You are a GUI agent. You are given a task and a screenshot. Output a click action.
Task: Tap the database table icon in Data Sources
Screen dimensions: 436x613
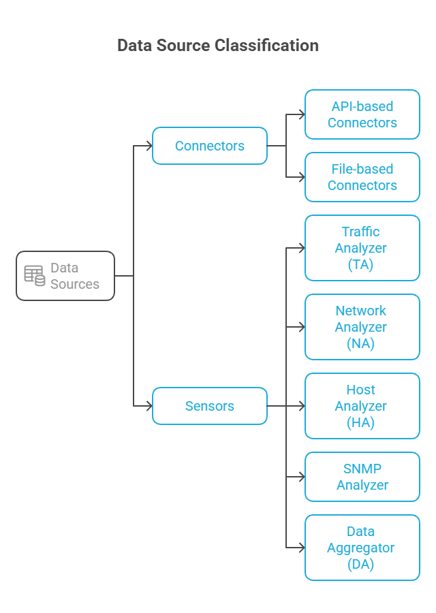click(x=35, y=276)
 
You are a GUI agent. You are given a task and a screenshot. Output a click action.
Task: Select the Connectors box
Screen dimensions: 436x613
click(x=210, y=146)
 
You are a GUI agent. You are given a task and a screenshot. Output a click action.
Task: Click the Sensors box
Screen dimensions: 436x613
click(x=210, y=406)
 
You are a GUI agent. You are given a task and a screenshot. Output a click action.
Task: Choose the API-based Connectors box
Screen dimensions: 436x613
click(x=362, y=114)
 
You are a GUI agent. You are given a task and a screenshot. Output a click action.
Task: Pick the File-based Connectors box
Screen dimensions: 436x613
click(x=362, y=177)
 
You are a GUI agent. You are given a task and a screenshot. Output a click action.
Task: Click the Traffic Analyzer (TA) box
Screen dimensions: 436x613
click(x=362, y=248)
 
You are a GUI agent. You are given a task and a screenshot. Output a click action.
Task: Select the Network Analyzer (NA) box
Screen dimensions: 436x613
click(x=362, y=327)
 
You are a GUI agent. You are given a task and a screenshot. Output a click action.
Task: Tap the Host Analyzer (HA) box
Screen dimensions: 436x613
click(x=362, y=406)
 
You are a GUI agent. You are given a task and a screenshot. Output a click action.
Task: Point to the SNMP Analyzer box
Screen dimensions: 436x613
click(x=362, y=477)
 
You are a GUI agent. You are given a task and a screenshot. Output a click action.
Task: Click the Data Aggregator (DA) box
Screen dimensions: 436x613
click(x=362, y=548)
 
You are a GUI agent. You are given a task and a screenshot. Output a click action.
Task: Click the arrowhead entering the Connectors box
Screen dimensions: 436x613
click(x=149, y=146)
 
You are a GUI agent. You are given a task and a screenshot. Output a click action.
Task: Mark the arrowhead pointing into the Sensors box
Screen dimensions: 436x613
click(x=149, y=406)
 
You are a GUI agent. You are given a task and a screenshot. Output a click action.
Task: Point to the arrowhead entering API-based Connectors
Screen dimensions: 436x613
click(x=302, y=114)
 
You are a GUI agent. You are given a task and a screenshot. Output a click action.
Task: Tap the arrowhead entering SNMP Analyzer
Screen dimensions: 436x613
click(x=302, y=477)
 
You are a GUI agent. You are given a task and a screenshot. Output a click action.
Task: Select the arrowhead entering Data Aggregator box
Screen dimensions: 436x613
click(x=302, y=548)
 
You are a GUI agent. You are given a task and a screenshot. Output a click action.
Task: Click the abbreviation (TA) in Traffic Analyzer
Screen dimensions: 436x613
click(x=360, y=265)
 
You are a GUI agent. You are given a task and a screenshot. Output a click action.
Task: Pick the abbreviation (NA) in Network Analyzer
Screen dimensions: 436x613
click(x=360, y=344)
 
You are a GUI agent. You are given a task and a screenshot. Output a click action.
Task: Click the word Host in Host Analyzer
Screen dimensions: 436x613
click(x=360, y=390)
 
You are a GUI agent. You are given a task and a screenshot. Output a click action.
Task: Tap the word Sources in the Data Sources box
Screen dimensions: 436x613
click(x=75, y=284)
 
